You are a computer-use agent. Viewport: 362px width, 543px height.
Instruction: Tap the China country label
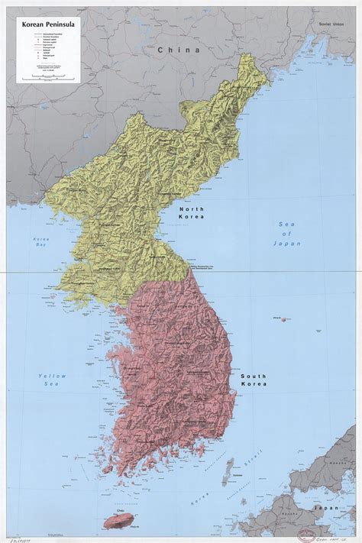(178, 50)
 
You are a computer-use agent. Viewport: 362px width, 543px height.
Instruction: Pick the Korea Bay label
(40, 244)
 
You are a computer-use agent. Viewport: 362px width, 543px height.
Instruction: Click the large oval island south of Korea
(119, 519)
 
